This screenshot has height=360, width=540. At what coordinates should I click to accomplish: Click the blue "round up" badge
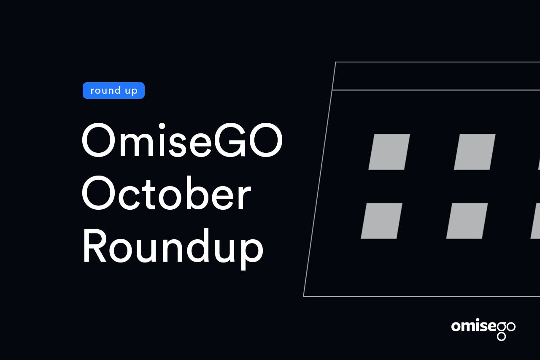tap(113, 90)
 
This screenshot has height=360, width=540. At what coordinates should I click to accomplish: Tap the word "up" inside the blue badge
tap(131, 91)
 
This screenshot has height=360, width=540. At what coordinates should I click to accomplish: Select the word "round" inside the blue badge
tap(105, 90)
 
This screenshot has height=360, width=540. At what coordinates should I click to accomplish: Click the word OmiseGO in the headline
tap(182, 140)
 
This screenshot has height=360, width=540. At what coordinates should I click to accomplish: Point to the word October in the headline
tap(167, 192)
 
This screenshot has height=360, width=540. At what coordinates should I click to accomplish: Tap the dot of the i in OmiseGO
tap(162, 126)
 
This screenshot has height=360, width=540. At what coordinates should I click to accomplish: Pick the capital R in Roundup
tap(95, 246)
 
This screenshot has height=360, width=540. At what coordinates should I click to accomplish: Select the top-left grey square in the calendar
tap(389, 152)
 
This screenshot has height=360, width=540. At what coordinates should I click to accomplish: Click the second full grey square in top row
tap(475, 152)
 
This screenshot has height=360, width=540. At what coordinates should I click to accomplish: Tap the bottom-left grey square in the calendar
tap(381, 221)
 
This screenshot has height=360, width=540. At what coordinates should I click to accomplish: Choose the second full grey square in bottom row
tap(467, 221)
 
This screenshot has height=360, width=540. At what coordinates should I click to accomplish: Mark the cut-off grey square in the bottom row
tap(536, 221)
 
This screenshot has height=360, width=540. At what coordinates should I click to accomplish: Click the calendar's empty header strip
tap(436, 76)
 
